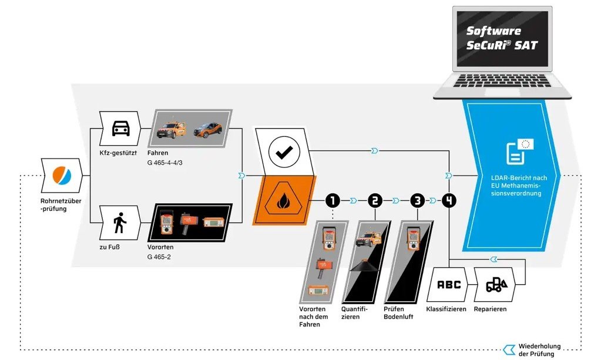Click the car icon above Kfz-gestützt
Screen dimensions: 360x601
coord(120,128)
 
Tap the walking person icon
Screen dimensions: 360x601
coord(120,223)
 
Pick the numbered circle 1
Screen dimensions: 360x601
coord(333,201)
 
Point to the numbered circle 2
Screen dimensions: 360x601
coord(375,201)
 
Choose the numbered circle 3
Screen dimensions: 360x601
coord(417,201)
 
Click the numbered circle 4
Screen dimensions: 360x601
coord(449,201)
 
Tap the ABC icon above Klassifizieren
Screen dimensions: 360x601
coord(449,285)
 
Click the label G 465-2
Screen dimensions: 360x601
coord(159,257)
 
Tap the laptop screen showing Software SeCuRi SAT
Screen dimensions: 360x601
coord(502,38)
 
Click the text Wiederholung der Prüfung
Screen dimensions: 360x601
coord(539,349)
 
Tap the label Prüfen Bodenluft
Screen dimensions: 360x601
coord(398,312)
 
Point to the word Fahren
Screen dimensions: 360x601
coord(157,153)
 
